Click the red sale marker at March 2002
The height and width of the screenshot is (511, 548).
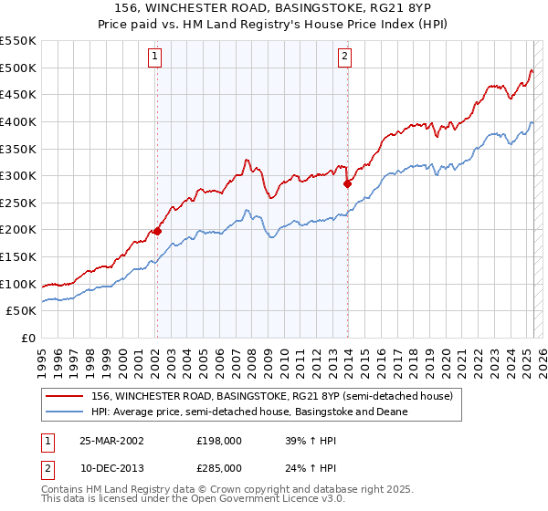[157, 231]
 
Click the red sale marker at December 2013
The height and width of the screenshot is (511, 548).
[347, 183]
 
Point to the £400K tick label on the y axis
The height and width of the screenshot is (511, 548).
[18, 121]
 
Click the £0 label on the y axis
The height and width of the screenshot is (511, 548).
[28, 338]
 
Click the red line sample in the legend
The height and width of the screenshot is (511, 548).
[64, 396]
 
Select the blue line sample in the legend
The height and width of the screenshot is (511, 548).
[64, 412]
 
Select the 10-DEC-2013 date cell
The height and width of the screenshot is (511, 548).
[112, 467]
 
